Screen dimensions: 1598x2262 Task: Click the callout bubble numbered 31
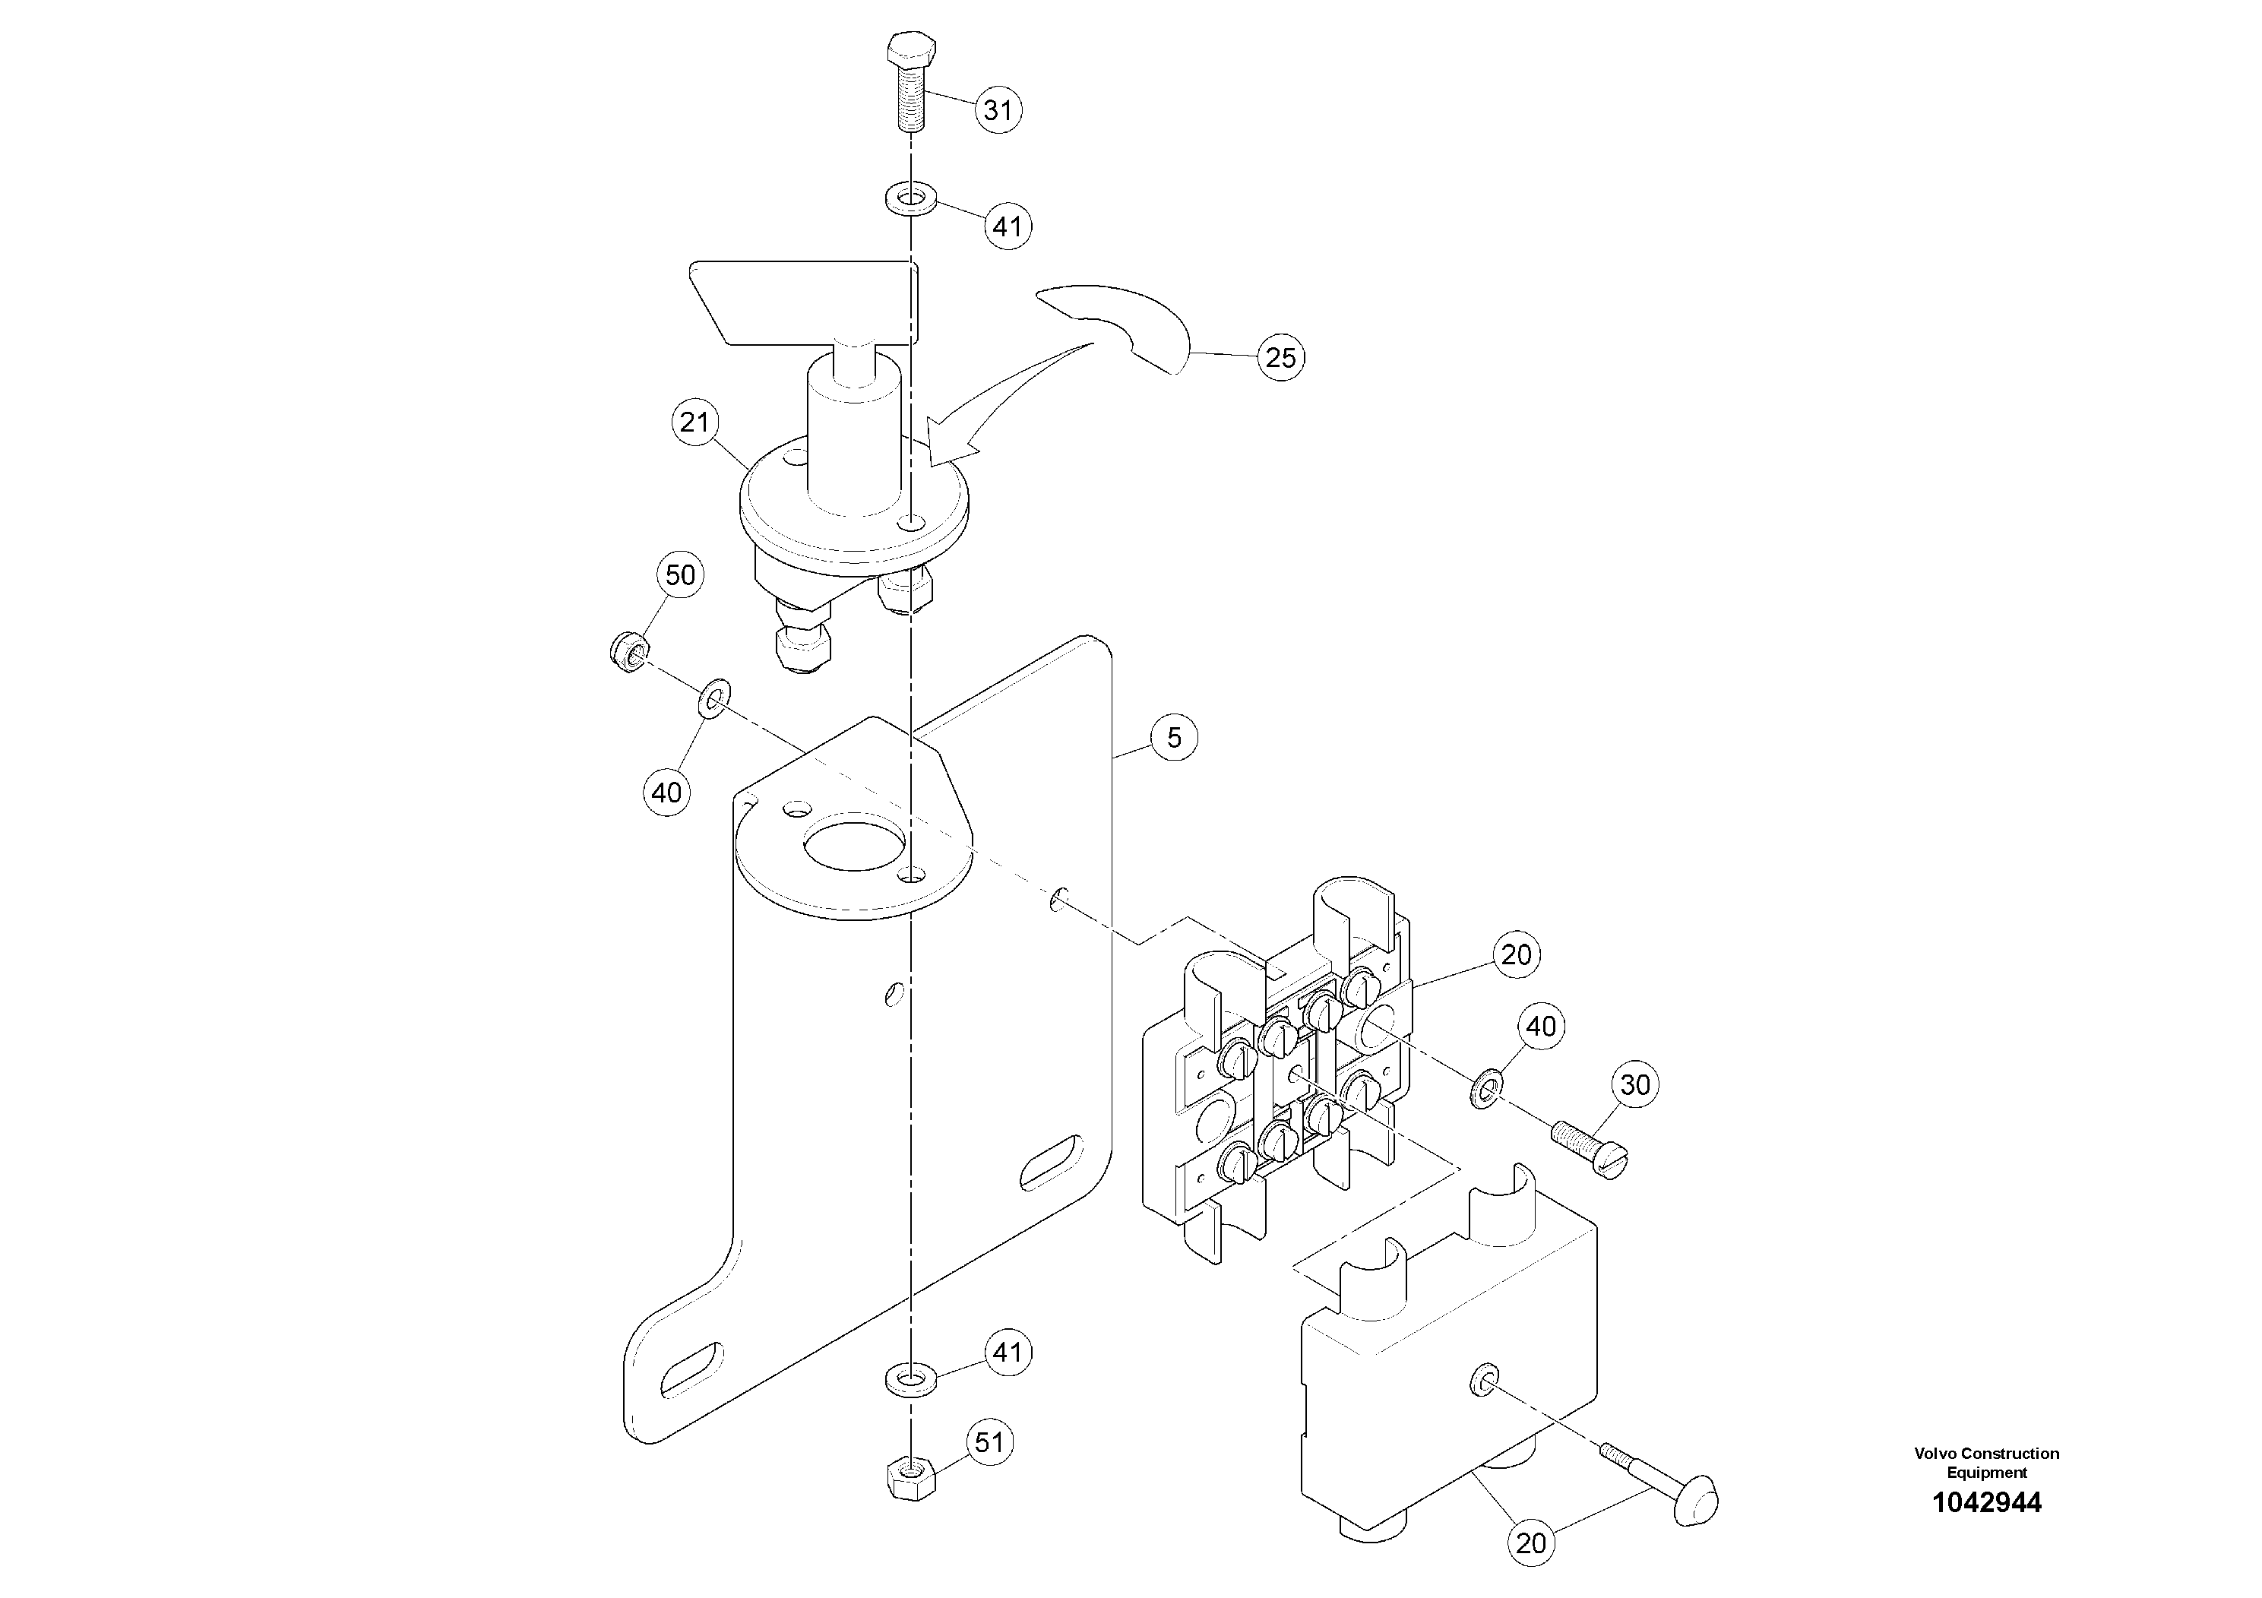[x=998, y=109]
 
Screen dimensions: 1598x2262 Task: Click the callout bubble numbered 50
[x=681, y=575]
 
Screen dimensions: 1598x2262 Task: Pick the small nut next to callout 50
[x=627, y=651]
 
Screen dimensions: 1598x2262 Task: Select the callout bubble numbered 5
[x=1173, y=738]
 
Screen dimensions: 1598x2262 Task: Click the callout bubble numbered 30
[x=1635, y=1084]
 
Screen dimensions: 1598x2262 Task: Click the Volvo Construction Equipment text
[x=1986, y=1462]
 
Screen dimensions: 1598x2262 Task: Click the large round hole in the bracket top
[x=853, y=846]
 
